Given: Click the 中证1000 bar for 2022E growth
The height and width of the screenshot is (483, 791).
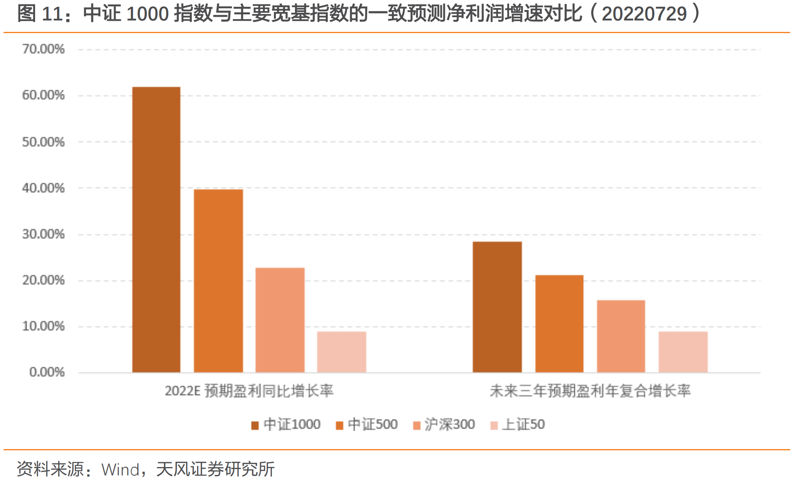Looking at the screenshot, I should click(156, 229).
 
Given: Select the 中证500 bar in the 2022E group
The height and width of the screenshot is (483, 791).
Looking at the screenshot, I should click(218, 281).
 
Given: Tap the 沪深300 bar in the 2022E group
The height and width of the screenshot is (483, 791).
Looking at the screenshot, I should click(280, 320).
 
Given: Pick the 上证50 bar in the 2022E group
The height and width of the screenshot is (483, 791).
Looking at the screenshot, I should click(342, 352).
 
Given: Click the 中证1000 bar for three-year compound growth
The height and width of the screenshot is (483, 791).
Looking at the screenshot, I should click(497, 307).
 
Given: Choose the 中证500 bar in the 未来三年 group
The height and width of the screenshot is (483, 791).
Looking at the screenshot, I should click(559, 323).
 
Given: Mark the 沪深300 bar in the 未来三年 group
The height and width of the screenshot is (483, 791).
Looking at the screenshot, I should click(621, 336).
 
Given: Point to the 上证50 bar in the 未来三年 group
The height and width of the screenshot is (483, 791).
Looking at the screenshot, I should click(683, 352).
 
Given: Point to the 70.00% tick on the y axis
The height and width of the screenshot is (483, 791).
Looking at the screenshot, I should click(43, 49).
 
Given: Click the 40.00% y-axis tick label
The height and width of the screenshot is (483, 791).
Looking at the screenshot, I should click(43, 188).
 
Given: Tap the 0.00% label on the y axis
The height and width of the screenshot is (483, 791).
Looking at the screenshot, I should click(47, 372).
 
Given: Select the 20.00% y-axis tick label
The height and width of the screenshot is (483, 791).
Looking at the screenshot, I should click(43, 280).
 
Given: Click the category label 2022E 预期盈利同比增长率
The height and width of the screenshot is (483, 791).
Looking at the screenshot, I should click(249, 391).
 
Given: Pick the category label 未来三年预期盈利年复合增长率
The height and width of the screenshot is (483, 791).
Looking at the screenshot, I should click(590, 391).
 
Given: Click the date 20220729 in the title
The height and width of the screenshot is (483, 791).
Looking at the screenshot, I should click(644, 14).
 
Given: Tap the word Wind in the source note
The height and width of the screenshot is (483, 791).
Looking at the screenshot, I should click(120, 469).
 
